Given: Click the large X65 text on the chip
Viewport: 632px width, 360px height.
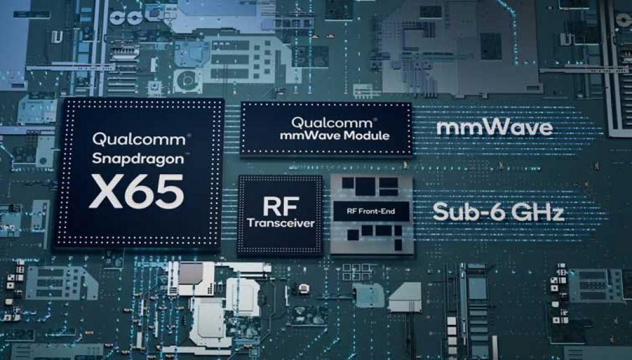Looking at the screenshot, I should point(136,191).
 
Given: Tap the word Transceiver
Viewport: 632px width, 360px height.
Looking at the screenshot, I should point(280,223).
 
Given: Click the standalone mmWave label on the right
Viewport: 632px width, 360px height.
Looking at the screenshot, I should point(494,128).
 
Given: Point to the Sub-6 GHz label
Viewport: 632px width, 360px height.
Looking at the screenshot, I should point(497,212).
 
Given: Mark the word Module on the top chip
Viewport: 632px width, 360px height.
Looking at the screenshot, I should point(368,135).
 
